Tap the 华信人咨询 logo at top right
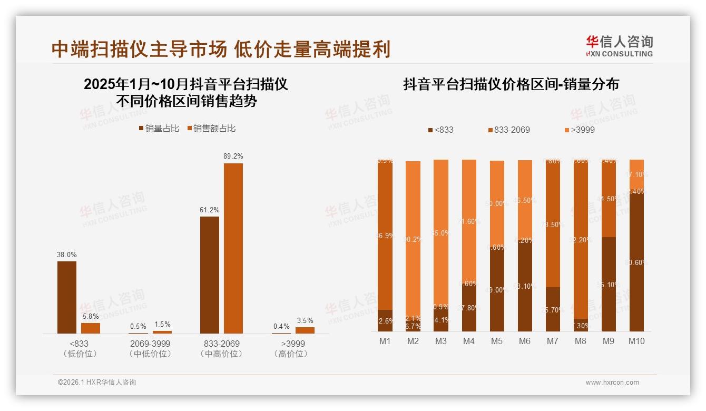click(619, 46)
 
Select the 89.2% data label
click(233, 156)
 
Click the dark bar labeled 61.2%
click(210, 275)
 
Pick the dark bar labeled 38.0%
click(67, 297)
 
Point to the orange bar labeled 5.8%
click(91, 328)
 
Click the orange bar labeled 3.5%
click(305, 330)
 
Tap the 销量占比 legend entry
click(160, 129)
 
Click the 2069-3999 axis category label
click(150, 344)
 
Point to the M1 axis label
click(385, 341)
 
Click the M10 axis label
click(636, 341)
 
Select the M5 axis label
click(497, 341)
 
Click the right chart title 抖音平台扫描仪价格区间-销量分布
click(511, 84)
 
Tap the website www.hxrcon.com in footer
click(612, 383)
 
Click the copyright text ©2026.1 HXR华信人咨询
click(97, 383)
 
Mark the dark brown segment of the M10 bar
click(636, 263)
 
